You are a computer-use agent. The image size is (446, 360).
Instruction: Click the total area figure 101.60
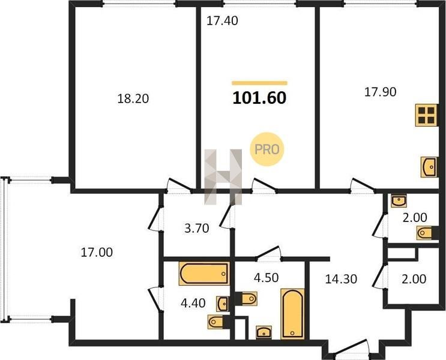coord(259,98)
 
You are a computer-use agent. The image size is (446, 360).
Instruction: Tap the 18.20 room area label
coord(133,98)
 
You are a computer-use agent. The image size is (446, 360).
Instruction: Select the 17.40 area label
coord(222,21)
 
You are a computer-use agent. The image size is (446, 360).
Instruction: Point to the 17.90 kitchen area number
coord(381,92)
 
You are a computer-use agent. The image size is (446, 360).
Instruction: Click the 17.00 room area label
coord(97,252)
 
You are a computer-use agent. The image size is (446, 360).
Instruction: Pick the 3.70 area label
coord(196,228)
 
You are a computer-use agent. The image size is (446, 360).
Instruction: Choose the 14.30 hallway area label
coord(341,279)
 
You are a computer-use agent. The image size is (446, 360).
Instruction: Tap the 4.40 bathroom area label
coord(193,303)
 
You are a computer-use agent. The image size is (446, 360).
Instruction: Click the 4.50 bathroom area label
coord(267,278)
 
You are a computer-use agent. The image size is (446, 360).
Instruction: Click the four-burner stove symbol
coord(426,115)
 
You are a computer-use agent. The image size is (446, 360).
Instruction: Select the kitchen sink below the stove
coord(429,167)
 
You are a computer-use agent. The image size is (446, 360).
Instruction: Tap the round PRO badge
coord(267,149)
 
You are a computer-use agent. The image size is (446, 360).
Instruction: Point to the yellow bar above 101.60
coord(259,83)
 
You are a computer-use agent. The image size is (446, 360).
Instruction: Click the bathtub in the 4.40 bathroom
coord(204,274)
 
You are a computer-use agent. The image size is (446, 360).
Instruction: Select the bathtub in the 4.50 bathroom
coord(292,314)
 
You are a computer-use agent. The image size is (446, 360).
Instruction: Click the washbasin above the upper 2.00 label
coord(399,201)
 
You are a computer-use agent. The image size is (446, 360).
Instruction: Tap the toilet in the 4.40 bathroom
coord(218,322)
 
